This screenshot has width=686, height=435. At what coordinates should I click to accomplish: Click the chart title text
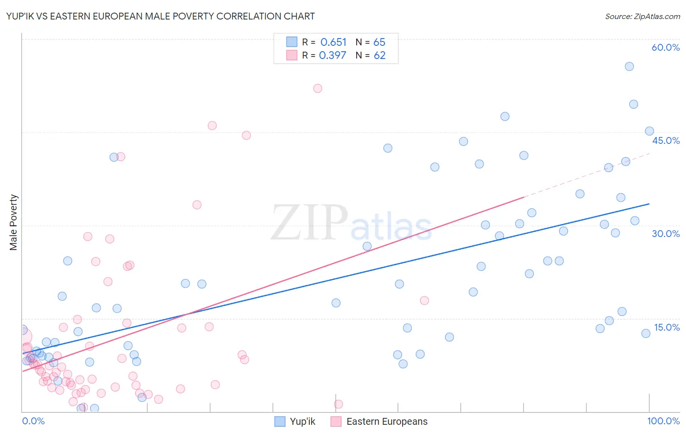click(161, 16)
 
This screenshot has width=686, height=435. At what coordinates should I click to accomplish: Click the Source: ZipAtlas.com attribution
click(642, 16)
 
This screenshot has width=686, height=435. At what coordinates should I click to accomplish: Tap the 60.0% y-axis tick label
click(666, 47)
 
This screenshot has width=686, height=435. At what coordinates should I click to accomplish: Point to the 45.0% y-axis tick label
click(666, 140)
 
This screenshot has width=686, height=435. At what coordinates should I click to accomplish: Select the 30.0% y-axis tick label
click(666, 234)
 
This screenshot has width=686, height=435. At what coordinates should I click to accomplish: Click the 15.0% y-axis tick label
click(666, 327)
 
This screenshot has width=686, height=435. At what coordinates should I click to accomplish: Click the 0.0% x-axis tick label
click(33, 421)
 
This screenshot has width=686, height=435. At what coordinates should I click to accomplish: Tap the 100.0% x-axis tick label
click(663, 421)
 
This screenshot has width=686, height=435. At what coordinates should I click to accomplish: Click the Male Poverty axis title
click(14, 222)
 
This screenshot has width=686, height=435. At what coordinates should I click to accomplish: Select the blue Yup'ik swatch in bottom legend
click(280, 421)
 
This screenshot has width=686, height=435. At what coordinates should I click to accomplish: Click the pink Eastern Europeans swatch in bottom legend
click(336, 421)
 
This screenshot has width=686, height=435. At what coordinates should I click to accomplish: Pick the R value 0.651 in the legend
click(333, 42)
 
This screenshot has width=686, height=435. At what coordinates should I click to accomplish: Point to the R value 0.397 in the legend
click(332, 56)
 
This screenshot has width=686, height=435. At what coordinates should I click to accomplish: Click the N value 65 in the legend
click(379, 42)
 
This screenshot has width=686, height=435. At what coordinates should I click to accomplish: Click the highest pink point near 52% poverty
click(318, 88)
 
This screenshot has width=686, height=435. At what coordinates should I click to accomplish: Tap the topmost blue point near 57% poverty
click(629, 66)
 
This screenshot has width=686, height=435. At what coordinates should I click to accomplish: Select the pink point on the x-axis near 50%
click(338, 404)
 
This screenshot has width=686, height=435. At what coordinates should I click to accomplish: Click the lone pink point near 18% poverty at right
click(424, 300)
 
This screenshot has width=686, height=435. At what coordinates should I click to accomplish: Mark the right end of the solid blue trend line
click(648, 204)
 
